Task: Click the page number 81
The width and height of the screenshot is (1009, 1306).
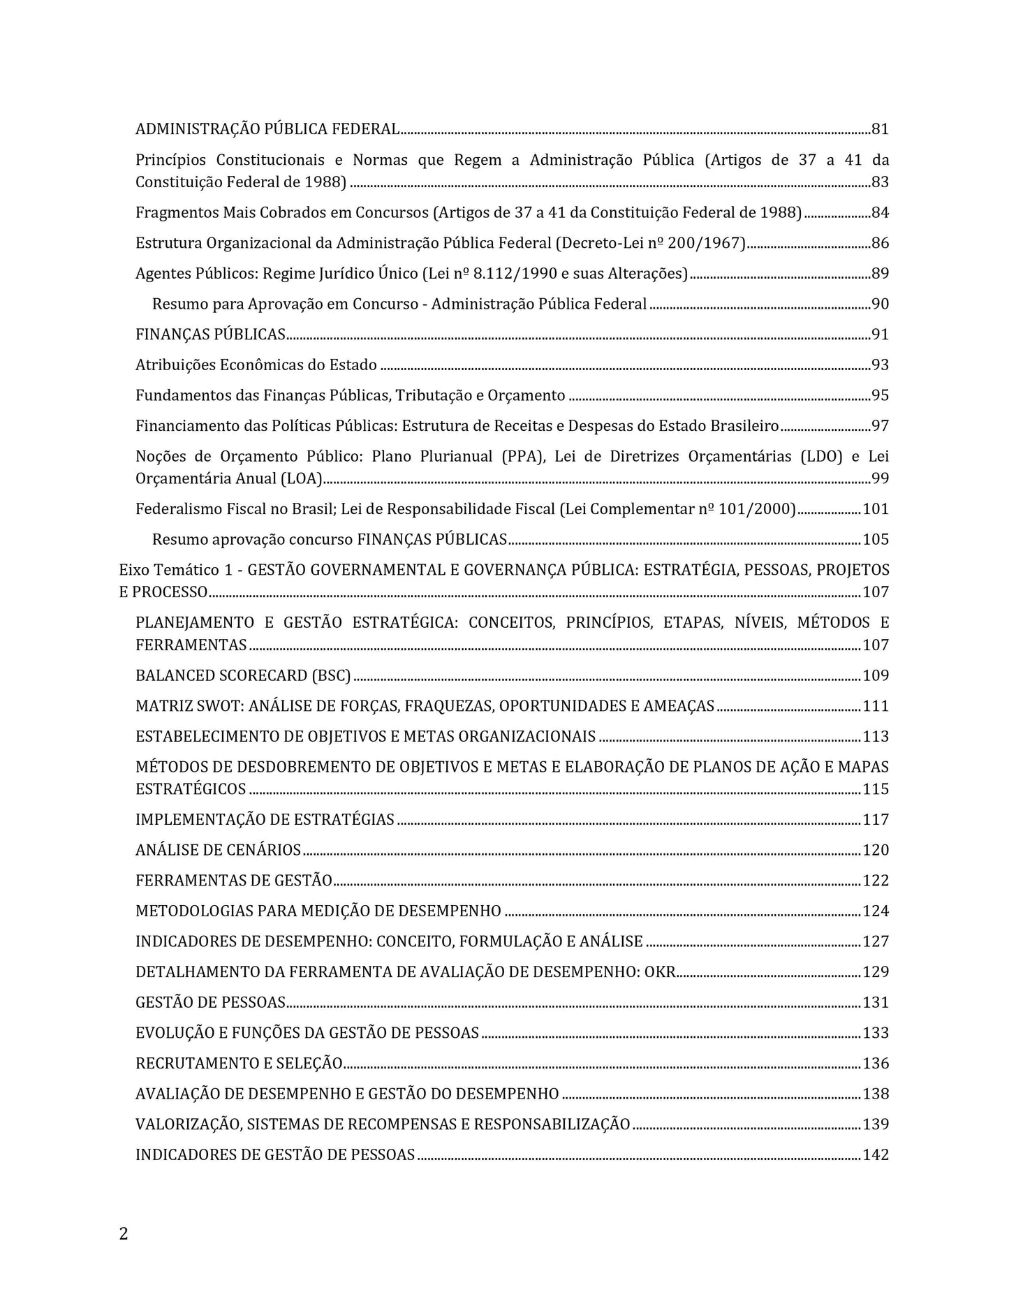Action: [880, 129]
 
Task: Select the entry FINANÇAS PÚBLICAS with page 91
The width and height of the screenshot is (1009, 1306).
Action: [210, 335]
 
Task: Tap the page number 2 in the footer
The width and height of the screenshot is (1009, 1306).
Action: [124, 1234]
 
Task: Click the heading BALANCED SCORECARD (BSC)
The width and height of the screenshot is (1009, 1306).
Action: [243, 675]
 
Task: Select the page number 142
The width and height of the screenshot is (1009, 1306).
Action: [876, 1154]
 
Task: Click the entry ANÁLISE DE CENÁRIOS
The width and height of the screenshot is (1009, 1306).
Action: [218, 850]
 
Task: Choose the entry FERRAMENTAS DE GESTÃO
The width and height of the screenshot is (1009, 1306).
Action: [233, 881]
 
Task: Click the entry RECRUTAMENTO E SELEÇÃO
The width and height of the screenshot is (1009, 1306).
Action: [239, 1064]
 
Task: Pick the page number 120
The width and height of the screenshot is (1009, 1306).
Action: [876, 850]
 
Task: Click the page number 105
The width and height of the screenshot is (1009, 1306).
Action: [876, 539]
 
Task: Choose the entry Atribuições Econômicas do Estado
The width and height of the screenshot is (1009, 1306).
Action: [256, 365]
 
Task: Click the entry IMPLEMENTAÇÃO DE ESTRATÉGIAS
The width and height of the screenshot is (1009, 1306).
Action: [265, 820]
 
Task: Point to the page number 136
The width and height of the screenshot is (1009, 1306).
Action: [876, 1064]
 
